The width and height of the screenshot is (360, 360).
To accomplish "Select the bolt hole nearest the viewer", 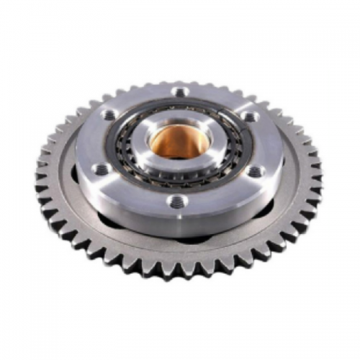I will tap(174, 201).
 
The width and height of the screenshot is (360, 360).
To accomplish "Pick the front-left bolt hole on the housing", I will tap(102, 168).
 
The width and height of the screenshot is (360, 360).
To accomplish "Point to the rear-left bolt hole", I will tap(109, 115).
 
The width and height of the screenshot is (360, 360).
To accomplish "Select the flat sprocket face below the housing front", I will tap(180, 252).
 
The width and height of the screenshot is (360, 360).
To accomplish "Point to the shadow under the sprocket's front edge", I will tap(180, 282).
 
